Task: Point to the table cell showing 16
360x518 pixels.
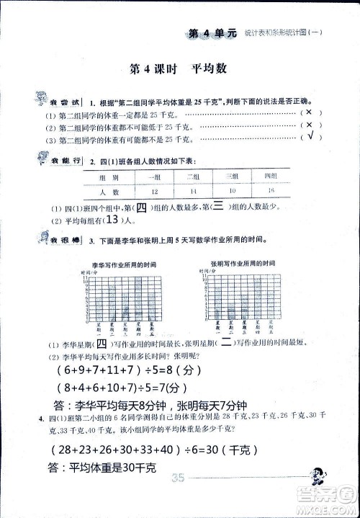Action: tap(271, 190)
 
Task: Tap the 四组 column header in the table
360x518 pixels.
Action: tap(271, 177)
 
